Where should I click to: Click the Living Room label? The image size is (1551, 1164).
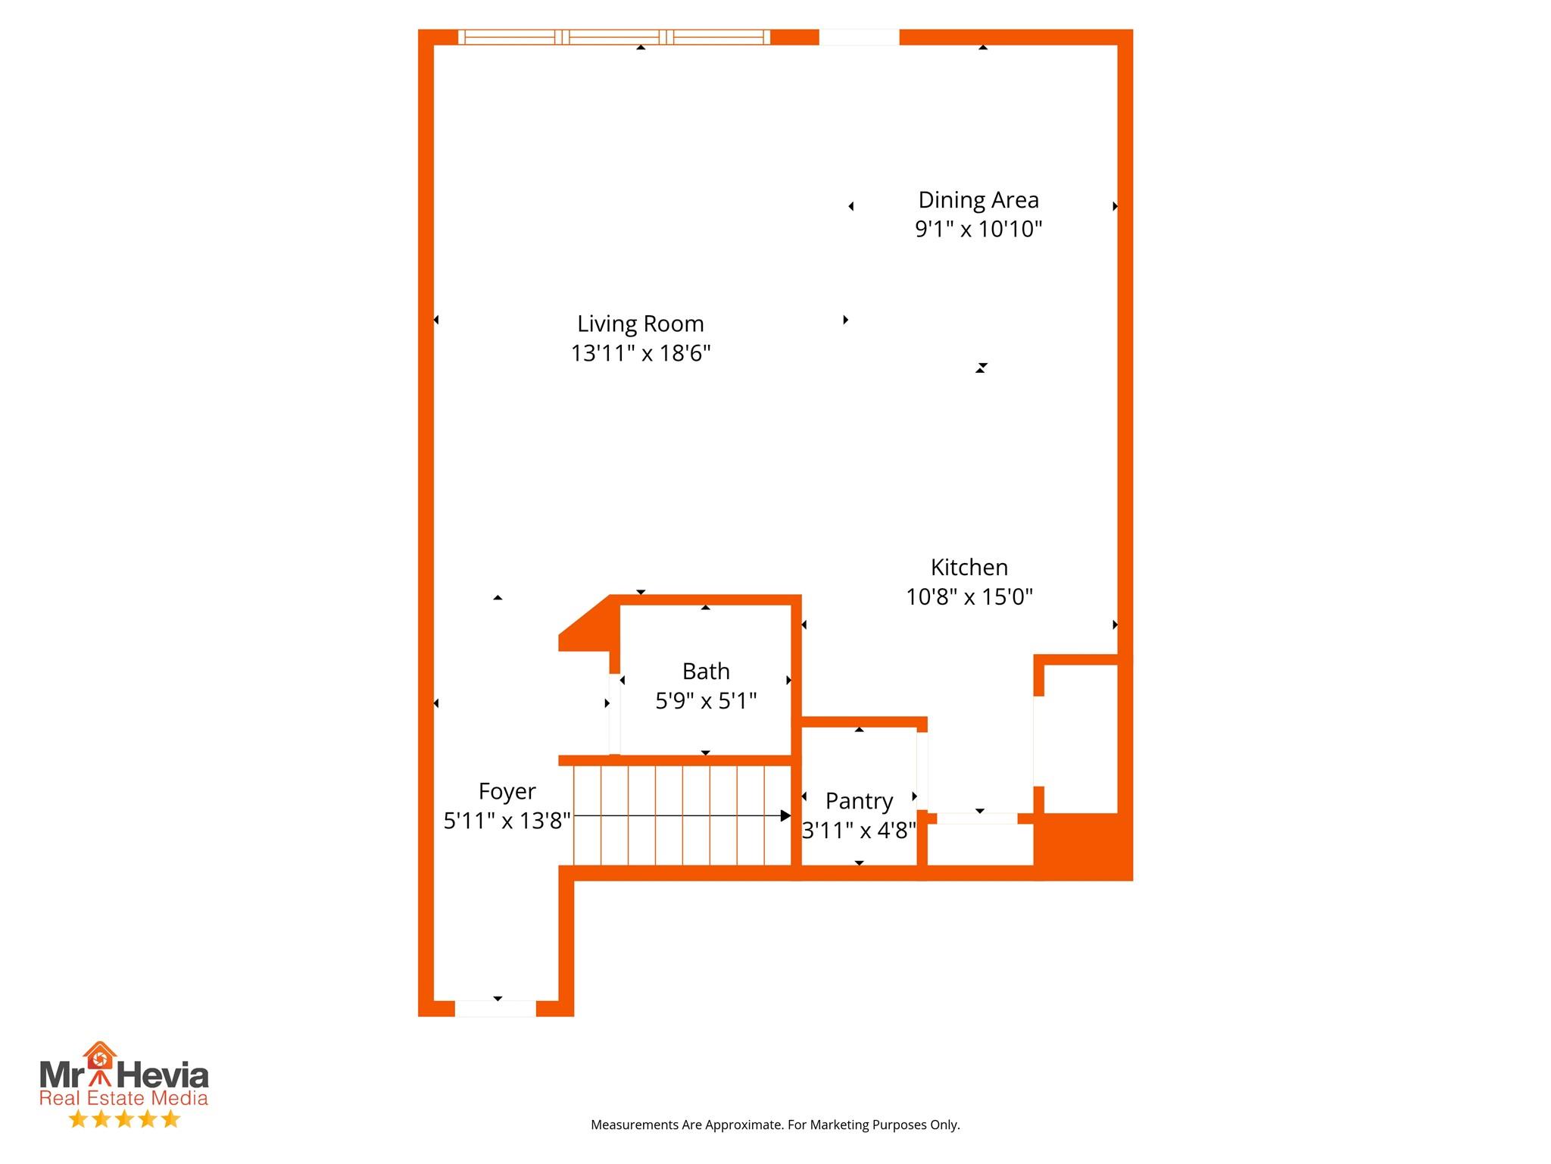point(640,324)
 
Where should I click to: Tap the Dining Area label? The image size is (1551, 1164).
point(978,200)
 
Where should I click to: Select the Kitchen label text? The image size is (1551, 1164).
point(969,568)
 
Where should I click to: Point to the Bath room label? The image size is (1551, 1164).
point(706,671)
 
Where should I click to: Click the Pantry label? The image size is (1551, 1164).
point(859,801)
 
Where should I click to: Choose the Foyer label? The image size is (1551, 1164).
point(507,791)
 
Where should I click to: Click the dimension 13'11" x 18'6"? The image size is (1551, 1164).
point(640,353)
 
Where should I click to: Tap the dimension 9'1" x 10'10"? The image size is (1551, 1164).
point(978,229)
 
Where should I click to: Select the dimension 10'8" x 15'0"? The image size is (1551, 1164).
point(969,597)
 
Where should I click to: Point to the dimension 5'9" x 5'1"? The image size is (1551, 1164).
point(706,701)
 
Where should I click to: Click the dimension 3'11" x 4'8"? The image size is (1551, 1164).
point(859,831)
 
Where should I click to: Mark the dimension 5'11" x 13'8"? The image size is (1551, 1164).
point(507,821)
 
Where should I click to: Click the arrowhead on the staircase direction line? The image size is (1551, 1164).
point(785,816)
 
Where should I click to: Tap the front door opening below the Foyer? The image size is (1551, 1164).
point(495,1009)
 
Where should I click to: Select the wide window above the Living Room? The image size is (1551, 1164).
point(614,37)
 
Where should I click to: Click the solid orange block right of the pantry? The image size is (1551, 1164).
point(1083,846)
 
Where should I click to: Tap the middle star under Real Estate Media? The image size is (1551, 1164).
point(124,1119)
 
